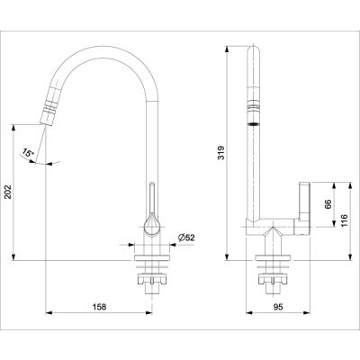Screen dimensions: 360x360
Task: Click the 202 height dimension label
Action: pos(8,191)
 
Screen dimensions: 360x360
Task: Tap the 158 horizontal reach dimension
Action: pos(100,307)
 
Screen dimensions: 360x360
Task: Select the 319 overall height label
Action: pos(220,153)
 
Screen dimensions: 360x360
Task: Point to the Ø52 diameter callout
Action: pos(186,238)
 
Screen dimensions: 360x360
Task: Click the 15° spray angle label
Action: pos(27,153)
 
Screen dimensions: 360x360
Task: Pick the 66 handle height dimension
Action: pos(328,204)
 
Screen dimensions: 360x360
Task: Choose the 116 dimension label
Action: pos(344,220)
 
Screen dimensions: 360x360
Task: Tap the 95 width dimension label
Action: pos(278,307)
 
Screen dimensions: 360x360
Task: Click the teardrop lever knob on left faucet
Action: pos(152,223)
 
